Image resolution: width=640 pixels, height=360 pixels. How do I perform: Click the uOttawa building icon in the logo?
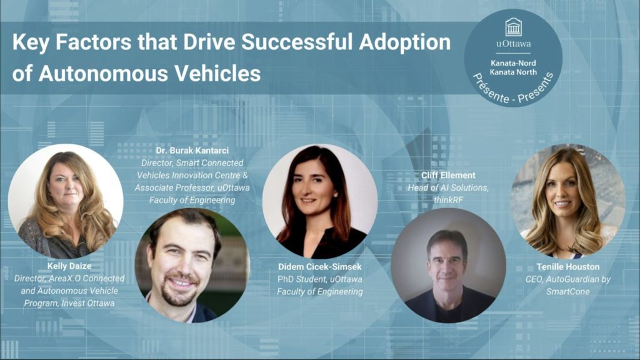[x=513, y=27]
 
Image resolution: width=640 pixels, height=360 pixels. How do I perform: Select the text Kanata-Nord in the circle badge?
[x=513, y=62]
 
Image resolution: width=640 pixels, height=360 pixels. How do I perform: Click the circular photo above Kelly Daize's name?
[x=66, y=201]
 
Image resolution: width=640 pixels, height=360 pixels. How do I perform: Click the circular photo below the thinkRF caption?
[x=448, y=265]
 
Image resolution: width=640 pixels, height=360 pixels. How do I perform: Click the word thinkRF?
[x=448, y=198]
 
